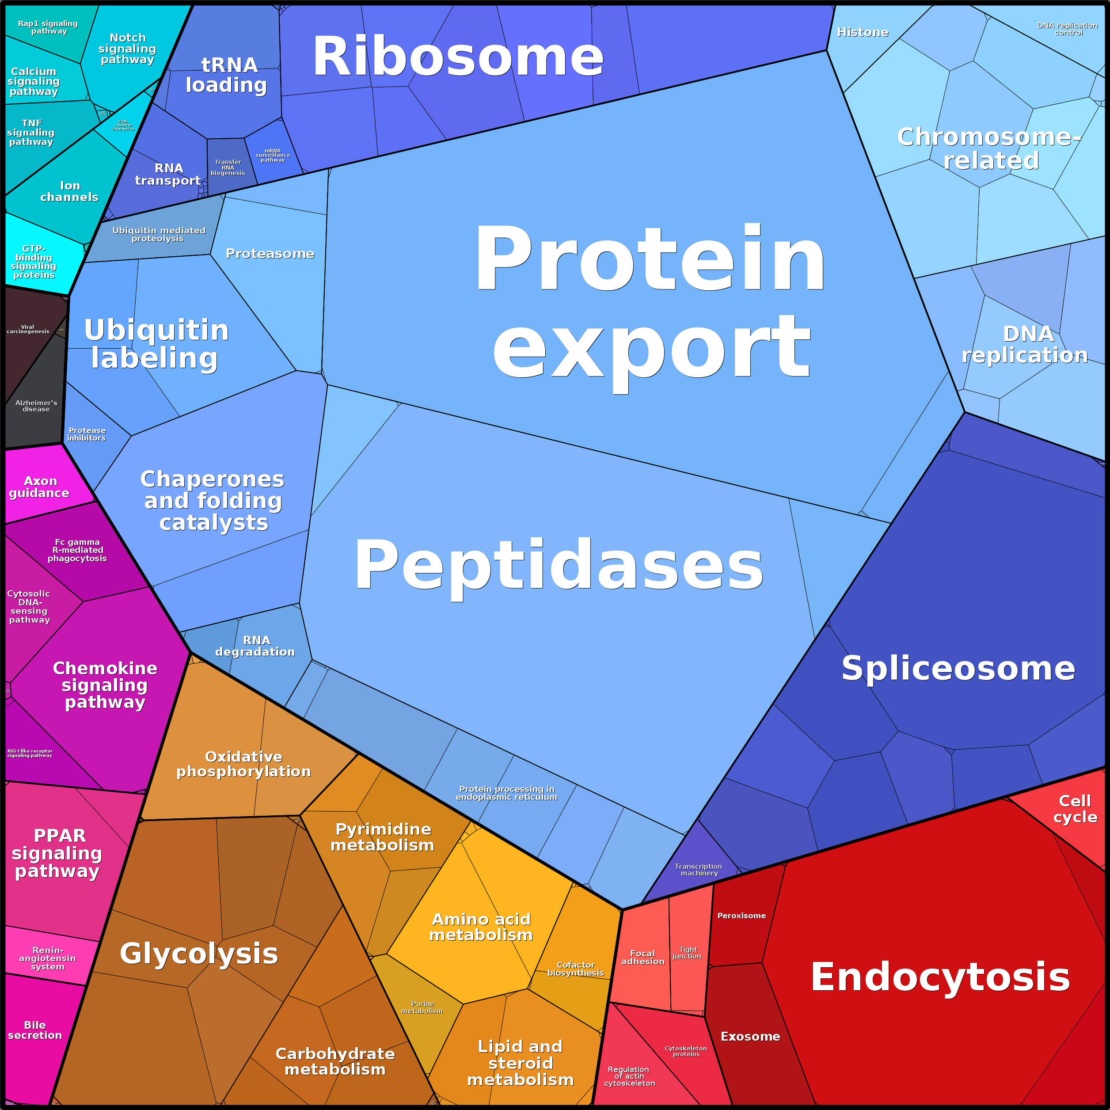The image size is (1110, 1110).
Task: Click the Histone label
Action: (863, 32)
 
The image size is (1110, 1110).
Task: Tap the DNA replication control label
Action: (1068, 29)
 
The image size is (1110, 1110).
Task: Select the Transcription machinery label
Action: (699, 869)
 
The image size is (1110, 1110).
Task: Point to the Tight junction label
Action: (687, 953)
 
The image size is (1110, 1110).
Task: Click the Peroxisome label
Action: (741, 915)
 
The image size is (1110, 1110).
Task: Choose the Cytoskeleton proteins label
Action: (686, 1051)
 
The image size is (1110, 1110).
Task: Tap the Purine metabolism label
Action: (422, 1007)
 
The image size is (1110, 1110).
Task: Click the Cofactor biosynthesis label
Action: (576, 969)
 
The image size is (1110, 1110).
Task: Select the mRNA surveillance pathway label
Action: (273, 155)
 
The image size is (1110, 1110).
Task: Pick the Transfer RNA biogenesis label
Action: (228, 167)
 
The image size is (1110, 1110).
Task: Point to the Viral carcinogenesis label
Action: (27, 329)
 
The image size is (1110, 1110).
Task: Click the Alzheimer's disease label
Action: (36, 406)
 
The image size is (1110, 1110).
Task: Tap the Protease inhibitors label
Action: (87, 434)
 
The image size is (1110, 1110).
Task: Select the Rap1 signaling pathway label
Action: (48, 27)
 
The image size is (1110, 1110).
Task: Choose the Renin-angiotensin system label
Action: (48, 958)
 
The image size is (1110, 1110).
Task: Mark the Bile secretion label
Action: (35, 1030)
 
